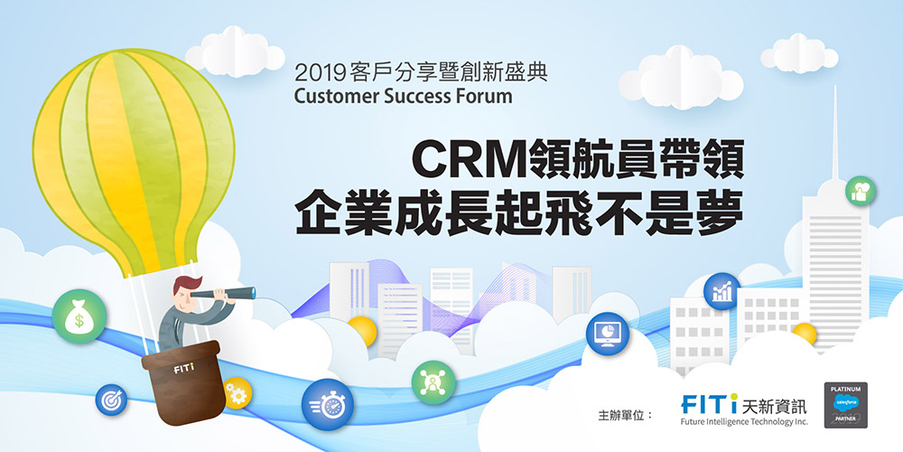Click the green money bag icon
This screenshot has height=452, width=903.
[x=79, y=315]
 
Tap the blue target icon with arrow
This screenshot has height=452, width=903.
[x=111, y=397]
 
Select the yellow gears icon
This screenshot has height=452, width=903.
[x=237, y=392]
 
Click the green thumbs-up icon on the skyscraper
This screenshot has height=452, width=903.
[x=861, y=191]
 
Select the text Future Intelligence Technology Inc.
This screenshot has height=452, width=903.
[x=744, y=421]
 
